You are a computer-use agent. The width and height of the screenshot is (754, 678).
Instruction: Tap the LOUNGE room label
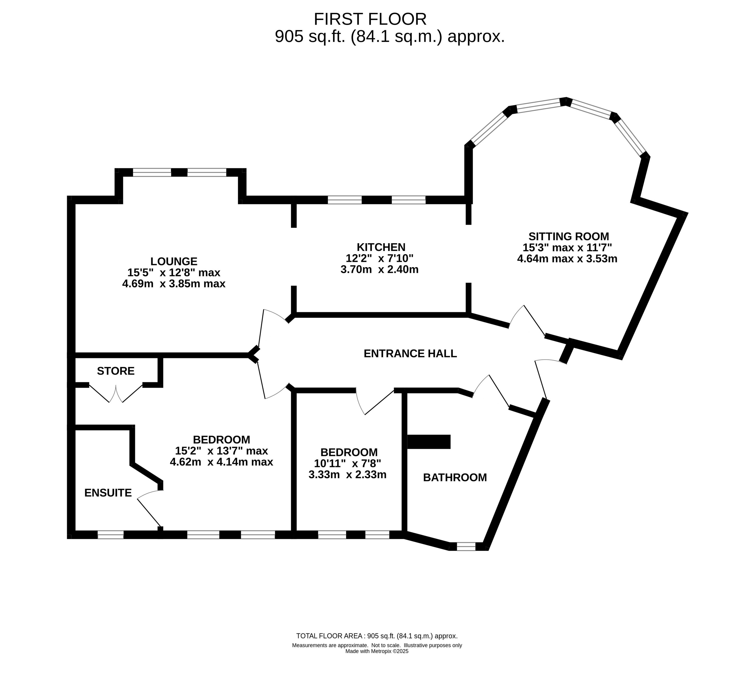[x=174, y=261]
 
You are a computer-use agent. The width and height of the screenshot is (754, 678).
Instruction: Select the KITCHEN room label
[x=381, y=247]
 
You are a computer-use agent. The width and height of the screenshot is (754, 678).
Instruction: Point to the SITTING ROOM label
[x=568, y=236]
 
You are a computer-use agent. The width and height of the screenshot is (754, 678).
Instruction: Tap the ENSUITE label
[x=108, y=493]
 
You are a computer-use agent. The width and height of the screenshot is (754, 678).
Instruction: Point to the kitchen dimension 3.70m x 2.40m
[x=379, y=269]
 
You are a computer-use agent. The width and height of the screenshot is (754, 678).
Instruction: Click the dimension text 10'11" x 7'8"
[x=347, y=463]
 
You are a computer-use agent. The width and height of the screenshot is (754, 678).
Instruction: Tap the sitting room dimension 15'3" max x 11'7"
[x=567, y=247]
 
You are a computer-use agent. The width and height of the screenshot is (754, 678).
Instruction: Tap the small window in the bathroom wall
[x=466, y=546]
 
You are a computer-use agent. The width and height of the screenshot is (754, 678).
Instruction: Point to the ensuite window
[x=111, y=535]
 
